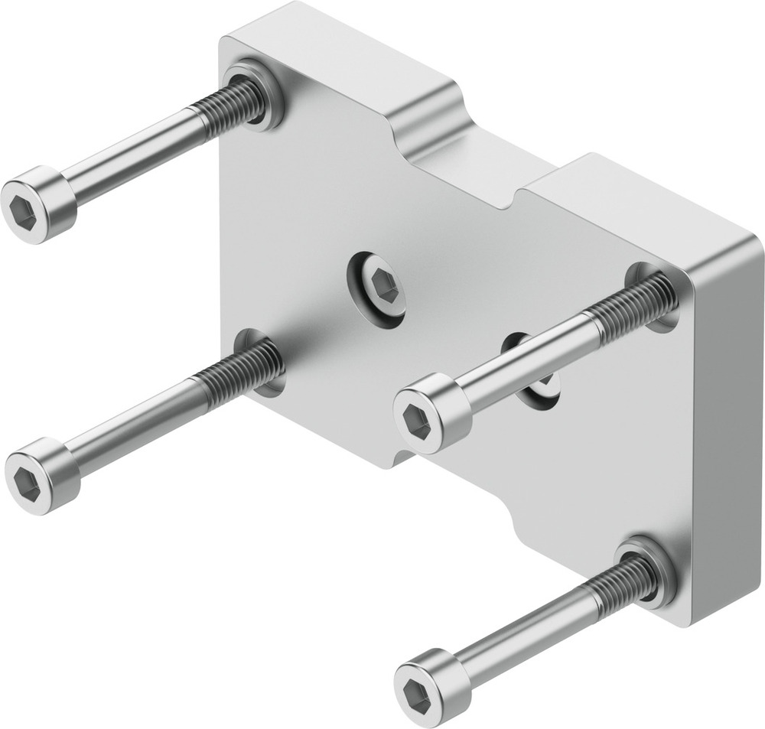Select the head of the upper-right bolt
coord(431,413)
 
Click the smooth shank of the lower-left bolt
coord(138,420)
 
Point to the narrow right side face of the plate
coord(727,428)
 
